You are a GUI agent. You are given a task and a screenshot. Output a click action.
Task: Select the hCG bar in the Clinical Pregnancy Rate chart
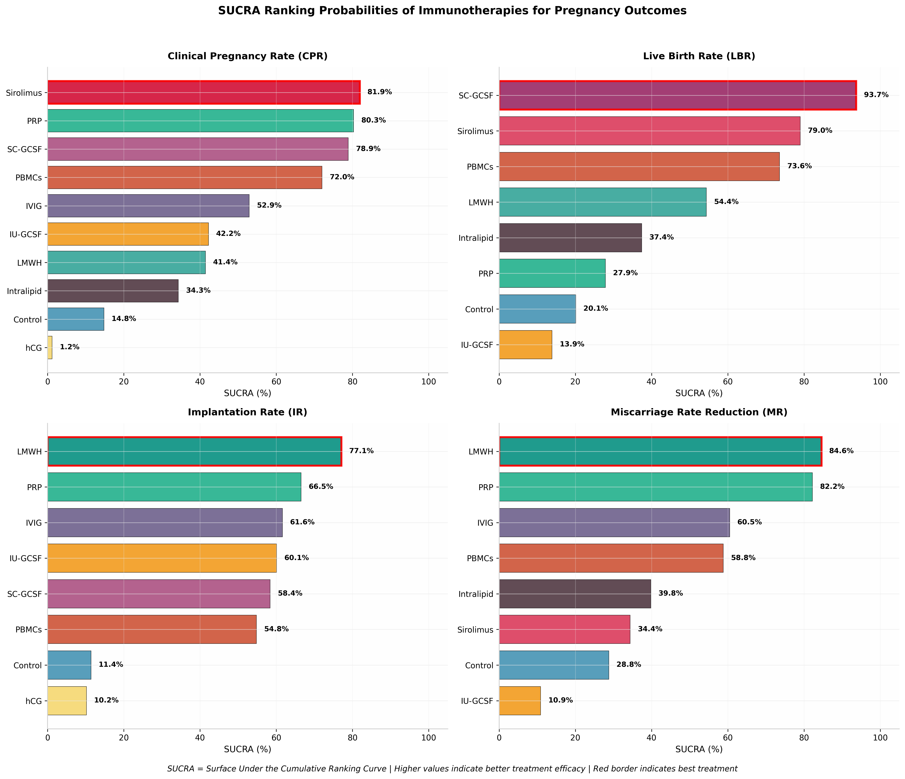pos(50,347)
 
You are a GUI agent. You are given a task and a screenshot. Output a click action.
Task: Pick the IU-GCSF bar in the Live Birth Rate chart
pos(525,345)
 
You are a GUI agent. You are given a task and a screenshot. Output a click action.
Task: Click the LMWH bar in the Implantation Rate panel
pos(194,451)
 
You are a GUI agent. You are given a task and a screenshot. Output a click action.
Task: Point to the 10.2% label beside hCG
pos(106,700)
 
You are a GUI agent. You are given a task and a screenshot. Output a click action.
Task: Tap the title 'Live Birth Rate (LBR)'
pos(699,56)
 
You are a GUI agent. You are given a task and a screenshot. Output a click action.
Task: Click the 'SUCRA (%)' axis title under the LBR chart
pos(699,393)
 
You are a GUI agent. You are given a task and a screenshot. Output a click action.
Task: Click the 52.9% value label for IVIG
pos(269,205)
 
